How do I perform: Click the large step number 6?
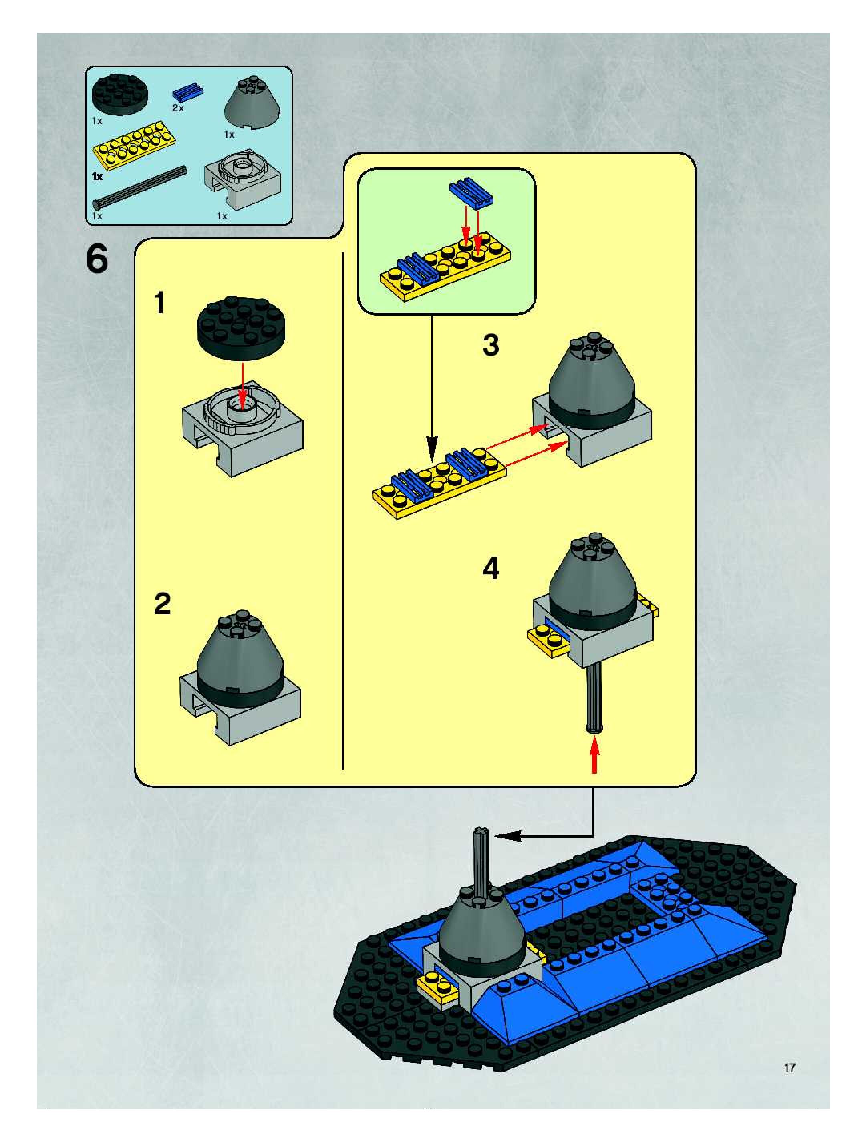tap(97, 259)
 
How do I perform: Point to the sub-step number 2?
tap(162, 603)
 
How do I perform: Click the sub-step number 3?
tap(490, 345)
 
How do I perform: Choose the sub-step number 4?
tap(490, 569)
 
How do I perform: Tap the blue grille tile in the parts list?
tap(187, 92)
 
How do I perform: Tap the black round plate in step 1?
tap(242, 327)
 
